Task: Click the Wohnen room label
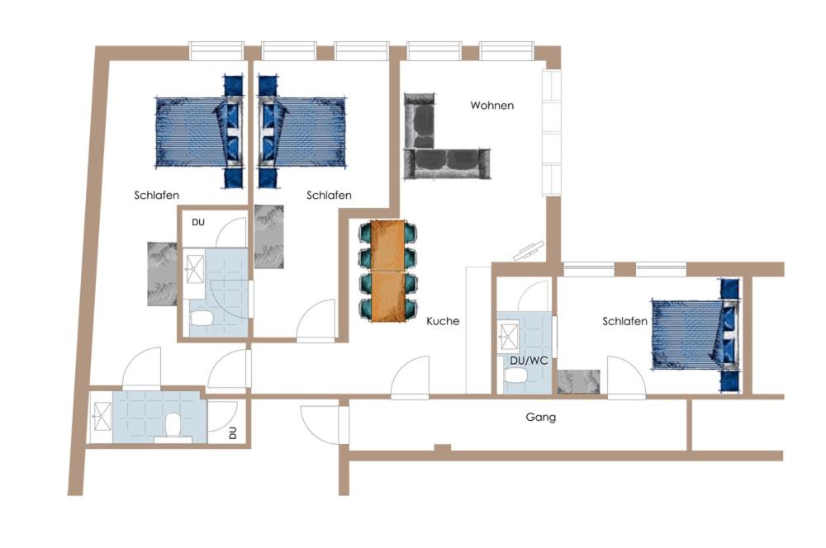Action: [492, 106]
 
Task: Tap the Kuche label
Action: [443, 321]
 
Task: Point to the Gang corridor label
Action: [540, 418]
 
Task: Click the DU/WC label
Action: [529, 361]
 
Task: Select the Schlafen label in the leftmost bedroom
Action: [156, 196]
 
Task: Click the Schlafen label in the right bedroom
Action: [624, 321]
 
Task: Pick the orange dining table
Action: [387, 271]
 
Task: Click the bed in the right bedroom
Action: [695, 335]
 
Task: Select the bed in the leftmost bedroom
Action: [200, 131]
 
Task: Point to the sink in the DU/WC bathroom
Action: [508, 337]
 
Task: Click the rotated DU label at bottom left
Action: [232, 432]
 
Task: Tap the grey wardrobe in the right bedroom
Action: [579, 381]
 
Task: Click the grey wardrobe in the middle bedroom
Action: [268, 236]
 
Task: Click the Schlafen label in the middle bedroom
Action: [329, 196]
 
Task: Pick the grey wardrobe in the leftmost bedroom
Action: [162, 274]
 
